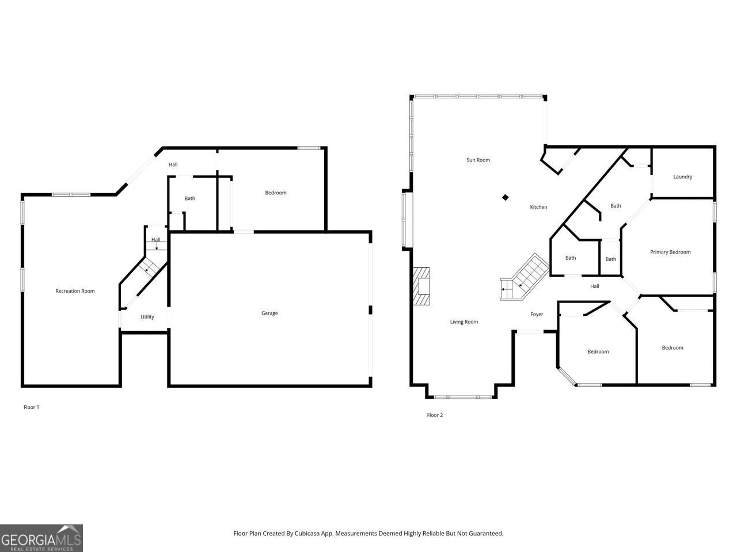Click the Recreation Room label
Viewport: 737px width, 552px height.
click(75, 291)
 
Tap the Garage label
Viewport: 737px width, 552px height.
click(269, 313)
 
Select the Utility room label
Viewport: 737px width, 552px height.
click(147, 317)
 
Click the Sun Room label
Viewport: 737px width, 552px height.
click(478, 160)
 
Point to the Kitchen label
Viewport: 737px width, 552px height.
click(538, 207)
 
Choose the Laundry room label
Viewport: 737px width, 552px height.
click(682, 177)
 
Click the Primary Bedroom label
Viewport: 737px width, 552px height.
click(670, 252)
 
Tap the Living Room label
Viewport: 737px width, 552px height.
click(464, 322)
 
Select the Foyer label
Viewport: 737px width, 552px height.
click(537, 315)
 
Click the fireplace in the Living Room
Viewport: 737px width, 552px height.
click(421, 286)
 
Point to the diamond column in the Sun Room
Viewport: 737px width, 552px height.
click(506, 197)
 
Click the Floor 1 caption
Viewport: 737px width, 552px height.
click(31, 407)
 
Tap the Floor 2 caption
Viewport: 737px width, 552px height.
click(435, 415)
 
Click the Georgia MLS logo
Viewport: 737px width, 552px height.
click(41, 538)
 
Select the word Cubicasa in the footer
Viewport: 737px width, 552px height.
click(321, 534)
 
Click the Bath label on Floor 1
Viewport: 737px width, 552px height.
click(189, 198)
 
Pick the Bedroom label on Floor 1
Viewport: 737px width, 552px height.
click(275, 193)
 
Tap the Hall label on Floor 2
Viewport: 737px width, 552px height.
click(595, 286)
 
